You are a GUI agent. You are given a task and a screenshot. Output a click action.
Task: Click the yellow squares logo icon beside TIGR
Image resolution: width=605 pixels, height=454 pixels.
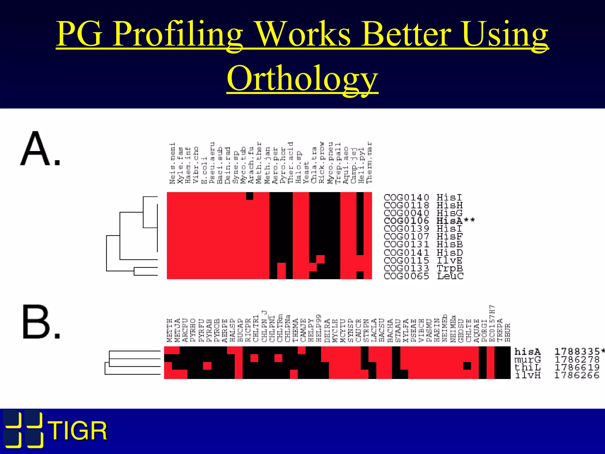23,429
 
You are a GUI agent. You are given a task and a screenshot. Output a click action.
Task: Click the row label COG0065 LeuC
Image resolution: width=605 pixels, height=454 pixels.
423,276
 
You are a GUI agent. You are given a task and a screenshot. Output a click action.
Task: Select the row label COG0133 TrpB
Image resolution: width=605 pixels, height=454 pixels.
423,268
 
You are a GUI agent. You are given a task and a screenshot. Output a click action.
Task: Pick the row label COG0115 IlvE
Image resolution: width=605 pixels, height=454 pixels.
423,260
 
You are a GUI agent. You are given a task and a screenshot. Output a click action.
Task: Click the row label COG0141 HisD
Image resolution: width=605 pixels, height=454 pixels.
423,253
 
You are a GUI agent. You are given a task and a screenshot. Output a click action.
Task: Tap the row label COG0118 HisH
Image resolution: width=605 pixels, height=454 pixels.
423,205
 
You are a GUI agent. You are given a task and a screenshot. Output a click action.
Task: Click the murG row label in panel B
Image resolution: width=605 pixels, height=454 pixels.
528,360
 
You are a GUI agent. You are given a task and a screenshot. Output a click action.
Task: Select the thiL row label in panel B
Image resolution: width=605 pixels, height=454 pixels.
528,367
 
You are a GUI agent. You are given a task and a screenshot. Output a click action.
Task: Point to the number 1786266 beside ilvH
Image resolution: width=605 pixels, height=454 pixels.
577,375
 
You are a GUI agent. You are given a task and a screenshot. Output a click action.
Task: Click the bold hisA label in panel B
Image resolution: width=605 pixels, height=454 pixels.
528,352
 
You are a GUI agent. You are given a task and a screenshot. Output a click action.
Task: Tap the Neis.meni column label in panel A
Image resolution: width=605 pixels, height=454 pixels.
172,163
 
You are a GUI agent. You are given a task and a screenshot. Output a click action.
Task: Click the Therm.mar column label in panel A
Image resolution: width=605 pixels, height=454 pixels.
369,163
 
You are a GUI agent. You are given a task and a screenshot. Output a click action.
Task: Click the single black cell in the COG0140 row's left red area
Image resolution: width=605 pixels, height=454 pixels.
250,196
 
